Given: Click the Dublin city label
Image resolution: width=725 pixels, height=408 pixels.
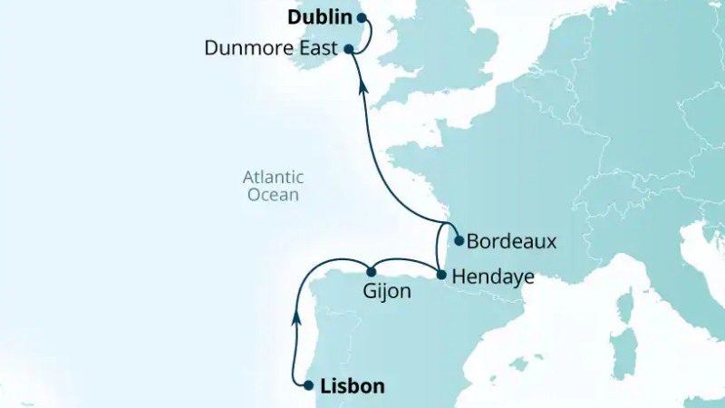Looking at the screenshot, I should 319,17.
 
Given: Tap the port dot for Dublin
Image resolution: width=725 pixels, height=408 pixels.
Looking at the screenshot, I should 361,17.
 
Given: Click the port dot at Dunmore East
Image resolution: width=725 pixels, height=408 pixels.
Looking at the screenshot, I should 348,50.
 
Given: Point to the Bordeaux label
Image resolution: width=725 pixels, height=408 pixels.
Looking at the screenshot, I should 511,242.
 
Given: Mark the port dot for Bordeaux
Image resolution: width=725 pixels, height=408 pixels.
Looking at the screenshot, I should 459,241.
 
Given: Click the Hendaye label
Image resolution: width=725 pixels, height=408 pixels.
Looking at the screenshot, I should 493,276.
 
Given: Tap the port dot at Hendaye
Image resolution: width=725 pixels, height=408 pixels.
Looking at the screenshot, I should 440,275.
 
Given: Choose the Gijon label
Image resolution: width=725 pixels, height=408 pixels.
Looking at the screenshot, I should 386,292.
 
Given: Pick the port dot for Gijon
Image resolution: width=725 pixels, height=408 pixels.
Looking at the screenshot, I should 371,272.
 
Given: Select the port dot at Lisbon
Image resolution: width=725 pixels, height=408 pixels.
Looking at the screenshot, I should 308,385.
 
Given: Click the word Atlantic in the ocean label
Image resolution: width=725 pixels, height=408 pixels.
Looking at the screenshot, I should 273,177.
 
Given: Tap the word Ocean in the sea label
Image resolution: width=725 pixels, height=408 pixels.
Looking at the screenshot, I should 275,195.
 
